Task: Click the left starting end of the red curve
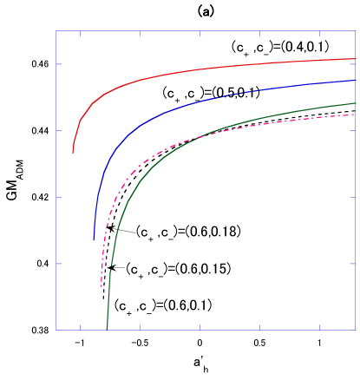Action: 73,153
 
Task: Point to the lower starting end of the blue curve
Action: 94,239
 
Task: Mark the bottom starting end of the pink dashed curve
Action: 101,286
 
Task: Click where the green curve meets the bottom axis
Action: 107,330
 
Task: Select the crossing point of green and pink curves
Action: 193,135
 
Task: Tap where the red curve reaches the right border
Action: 356,59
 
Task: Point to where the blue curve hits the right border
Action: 356,80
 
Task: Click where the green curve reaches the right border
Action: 356,103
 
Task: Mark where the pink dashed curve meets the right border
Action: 356,115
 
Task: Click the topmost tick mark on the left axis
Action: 59,64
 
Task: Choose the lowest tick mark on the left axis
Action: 59,264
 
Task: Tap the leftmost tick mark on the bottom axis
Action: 81,328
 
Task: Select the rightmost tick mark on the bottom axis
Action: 319,328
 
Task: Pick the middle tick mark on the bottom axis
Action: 200,328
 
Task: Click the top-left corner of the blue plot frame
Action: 56,31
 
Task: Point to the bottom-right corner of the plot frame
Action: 356,330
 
